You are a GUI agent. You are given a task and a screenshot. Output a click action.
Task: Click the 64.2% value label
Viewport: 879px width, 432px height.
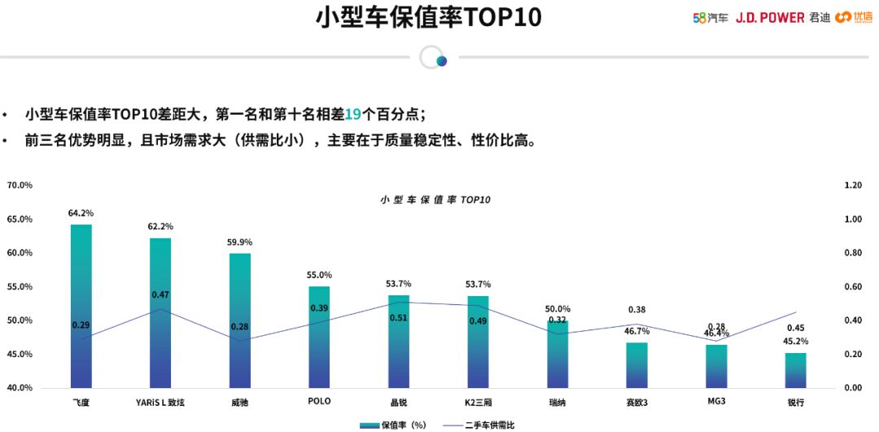click(x=81, y=213)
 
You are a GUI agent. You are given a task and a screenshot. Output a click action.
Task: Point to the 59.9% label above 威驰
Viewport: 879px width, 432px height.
click(x=240, y=242)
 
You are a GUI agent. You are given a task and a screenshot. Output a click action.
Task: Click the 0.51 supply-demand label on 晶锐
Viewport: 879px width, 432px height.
click(x=399, y=318)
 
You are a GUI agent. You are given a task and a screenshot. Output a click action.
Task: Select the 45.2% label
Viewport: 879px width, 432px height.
click(x=795, y=342)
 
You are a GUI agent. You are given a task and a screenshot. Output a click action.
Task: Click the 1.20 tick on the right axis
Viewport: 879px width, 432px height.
click(x=853, y=185)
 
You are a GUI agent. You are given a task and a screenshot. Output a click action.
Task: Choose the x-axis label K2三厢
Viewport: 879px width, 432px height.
click(x=478, y=401)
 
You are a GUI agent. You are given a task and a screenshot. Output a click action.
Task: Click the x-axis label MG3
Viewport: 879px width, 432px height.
click(x=716, y=401)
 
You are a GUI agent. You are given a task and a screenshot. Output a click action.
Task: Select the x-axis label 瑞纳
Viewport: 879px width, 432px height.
click(x=558, y=401)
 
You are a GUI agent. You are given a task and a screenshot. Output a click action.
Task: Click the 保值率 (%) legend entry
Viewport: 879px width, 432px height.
click(x=395, y=425)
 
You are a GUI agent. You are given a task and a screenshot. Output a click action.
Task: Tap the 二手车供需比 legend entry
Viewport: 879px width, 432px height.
click(x=480, y=425)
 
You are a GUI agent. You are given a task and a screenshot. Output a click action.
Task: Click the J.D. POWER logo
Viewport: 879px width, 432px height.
click(x=770, y=17)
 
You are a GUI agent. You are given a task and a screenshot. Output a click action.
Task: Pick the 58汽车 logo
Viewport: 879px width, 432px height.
click(x=710, y=17)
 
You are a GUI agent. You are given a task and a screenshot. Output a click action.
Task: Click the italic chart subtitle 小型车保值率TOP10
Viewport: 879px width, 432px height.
click(x=435, y=199)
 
